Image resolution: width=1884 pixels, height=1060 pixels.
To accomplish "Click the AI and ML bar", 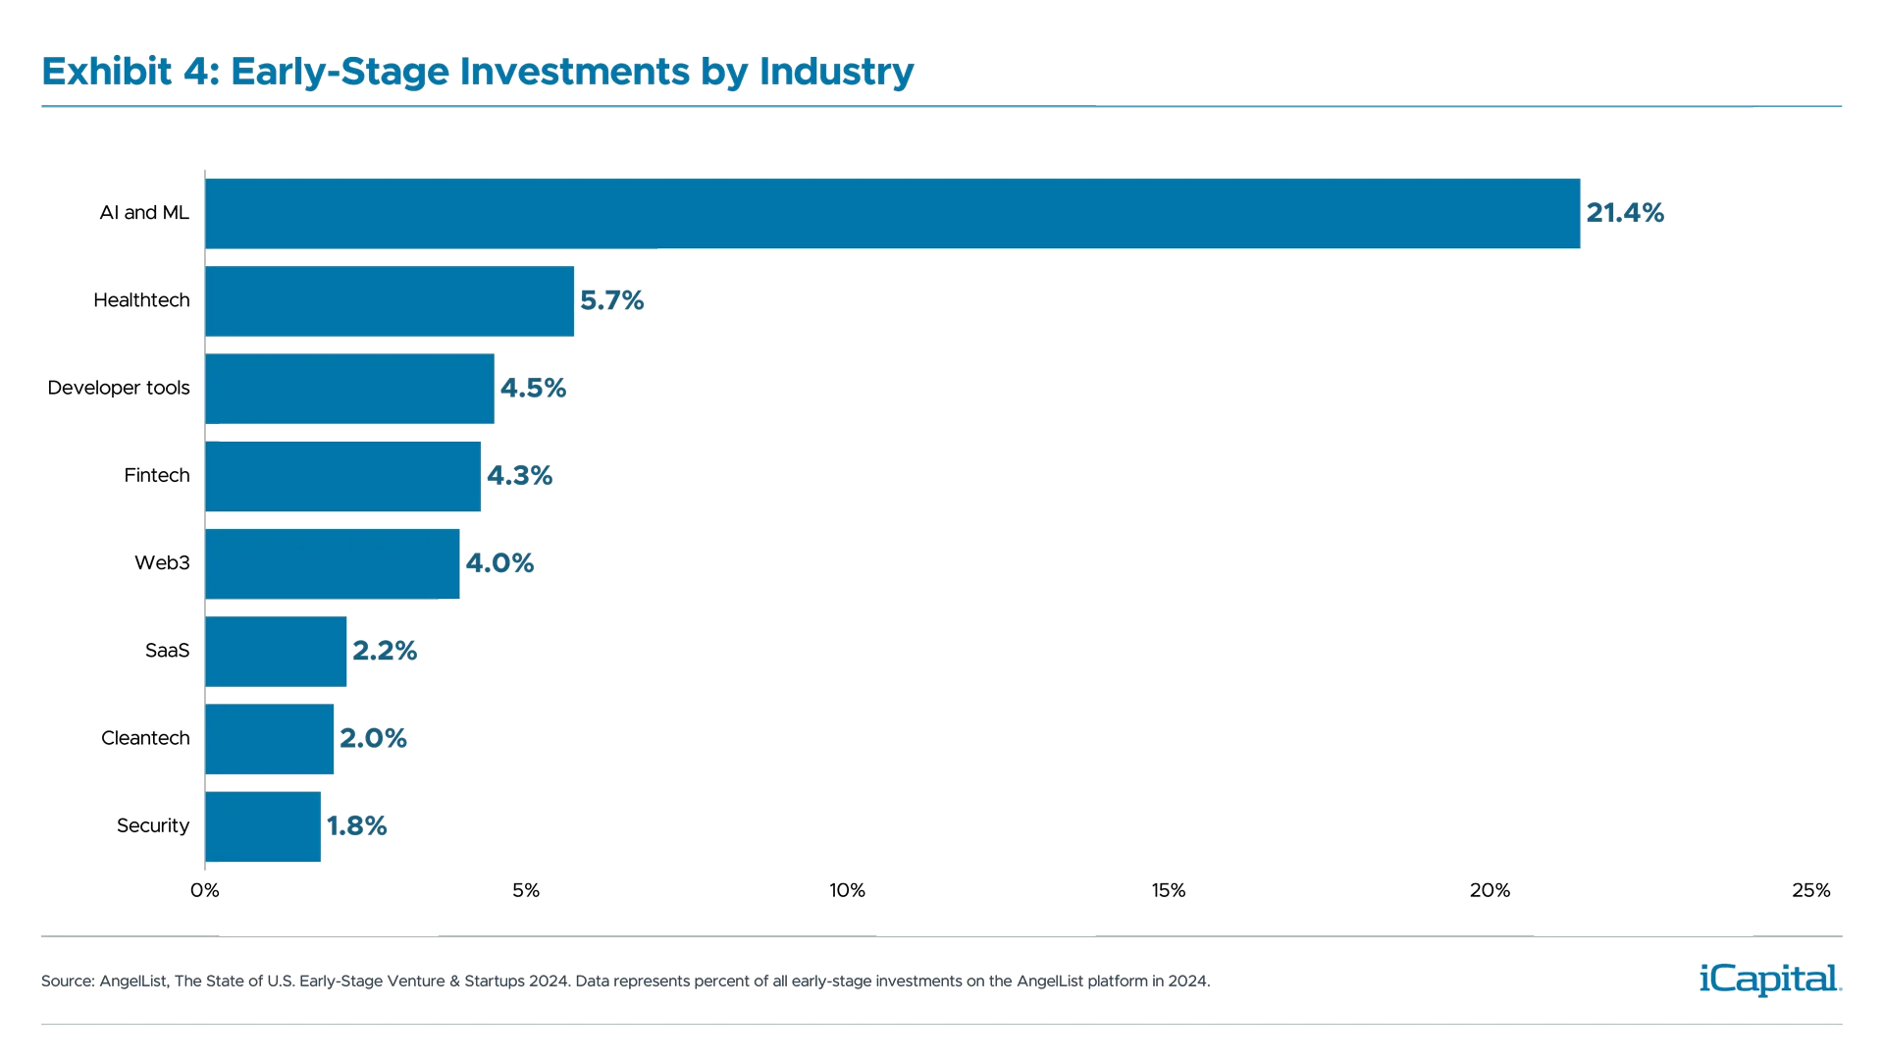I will coord(893,213).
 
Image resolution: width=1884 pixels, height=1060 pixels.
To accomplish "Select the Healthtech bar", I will coord(390,300).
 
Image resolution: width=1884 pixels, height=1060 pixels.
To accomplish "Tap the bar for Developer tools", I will coord(349,389).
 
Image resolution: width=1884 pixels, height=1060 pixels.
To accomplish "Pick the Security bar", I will coord(263,826).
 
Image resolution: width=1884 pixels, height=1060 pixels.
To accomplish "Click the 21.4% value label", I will coord(1625,213).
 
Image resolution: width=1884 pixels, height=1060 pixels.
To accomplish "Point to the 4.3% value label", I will coord(520,476).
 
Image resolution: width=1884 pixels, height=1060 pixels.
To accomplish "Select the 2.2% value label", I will coord(385,651).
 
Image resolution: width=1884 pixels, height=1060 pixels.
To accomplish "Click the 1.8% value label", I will coord(357,826).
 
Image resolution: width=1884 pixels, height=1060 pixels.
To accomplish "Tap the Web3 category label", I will coord(162,563).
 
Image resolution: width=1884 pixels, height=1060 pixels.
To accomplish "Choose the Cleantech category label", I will coord(145,738).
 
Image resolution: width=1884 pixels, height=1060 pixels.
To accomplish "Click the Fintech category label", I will coord(157,476).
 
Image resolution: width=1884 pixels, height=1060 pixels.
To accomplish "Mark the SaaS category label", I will coord(167,651).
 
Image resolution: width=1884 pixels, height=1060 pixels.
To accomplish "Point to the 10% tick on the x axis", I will coord(848,891).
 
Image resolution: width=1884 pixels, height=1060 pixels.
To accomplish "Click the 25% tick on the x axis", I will coord(1811,891).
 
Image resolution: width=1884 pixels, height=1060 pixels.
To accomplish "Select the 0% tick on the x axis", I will coord(204,891).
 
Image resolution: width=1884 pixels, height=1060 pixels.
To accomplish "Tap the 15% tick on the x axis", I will coord(1169,891).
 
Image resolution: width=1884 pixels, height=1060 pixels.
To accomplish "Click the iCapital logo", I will coord(1766,979).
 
